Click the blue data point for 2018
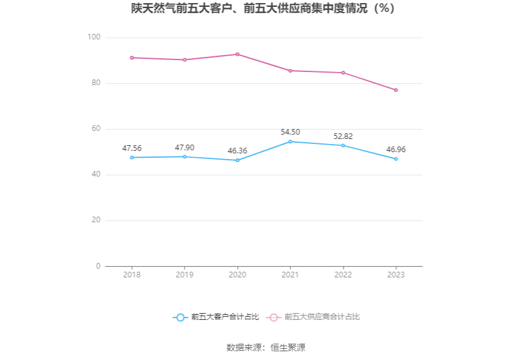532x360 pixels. [x=132, y=157]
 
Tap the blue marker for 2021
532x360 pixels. [x=290, y=141]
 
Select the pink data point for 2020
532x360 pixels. [x=237, y=54]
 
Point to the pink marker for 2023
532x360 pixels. [x=396, y=90]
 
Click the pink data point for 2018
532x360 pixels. [x=132, y=58]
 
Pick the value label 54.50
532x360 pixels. [x=290, y=132]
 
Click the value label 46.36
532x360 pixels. [x=237, y=151]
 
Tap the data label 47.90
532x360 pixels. [x=185, y=148]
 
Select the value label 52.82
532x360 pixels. [x=343, y=136]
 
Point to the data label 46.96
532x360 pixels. [x=396, y=150]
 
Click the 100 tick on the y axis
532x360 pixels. [x=94, y=38]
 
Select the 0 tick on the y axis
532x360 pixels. [x=98, y=266]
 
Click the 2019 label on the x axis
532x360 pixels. [x=185, y=275]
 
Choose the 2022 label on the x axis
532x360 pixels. [x=343, y=275]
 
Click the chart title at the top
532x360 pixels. [x=265, y=9]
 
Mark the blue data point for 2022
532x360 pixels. [x=343, y=145]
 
